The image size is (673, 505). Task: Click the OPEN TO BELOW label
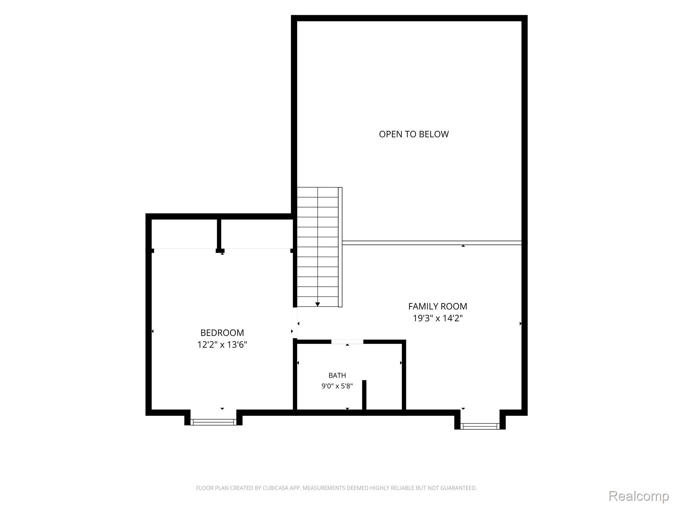coord(414,134)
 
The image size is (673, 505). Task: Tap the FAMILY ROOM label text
coord(437,306)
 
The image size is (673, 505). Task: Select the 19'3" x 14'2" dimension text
coord(437,318)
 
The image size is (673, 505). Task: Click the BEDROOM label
coord(222,333)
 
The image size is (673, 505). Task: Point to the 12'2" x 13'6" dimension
coord(222,345)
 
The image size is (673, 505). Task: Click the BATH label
coord(337,375)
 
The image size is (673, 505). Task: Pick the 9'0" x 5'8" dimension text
coord(337,386)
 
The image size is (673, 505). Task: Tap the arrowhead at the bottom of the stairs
coord(317,304)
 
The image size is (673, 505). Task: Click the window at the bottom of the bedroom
coord(213,422)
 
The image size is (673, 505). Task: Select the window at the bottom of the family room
coord(480,426)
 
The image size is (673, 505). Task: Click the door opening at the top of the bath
coord(347,342)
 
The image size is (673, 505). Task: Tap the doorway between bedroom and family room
coord(295,323)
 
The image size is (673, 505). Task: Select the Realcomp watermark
coord(638,496)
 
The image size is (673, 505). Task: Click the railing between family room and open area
coord(432,243)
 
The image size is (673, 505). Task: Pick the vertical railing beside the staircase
coord(340,247)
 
